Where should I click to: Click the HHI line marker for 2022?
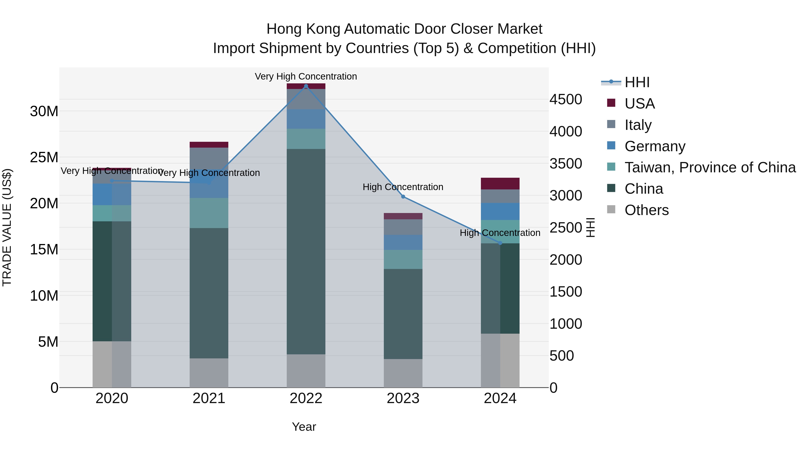coord(306,86)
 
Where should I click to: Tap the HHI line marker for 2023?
coord(403,197)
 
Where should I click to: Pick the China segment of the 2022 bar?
coord(306,251)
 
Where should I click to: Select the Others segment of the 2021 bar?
coord(209,373)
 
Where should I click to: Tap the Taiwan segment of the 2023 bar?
coord(403,259)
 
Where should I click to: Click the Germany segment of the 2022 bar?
coord(306,119)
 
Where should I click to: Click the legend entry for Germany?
coord(655,146)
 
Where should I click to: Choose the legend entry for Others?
coord(647,210)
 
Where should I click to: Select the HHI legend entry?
coord(637,82)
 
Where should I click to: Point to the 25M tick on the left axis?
coord(44,157)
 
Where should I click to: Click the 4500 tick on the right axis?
coord(566,100)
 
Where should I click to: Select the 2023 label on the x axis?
coord(403,398)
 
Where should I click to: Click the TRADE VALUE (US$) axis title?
coord(7,227)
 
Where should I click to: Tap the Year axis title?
coord(304,427)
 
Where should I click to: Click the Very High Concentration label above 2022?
coord(306,76)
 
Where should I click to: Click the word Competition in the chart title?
coord(517,48)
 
